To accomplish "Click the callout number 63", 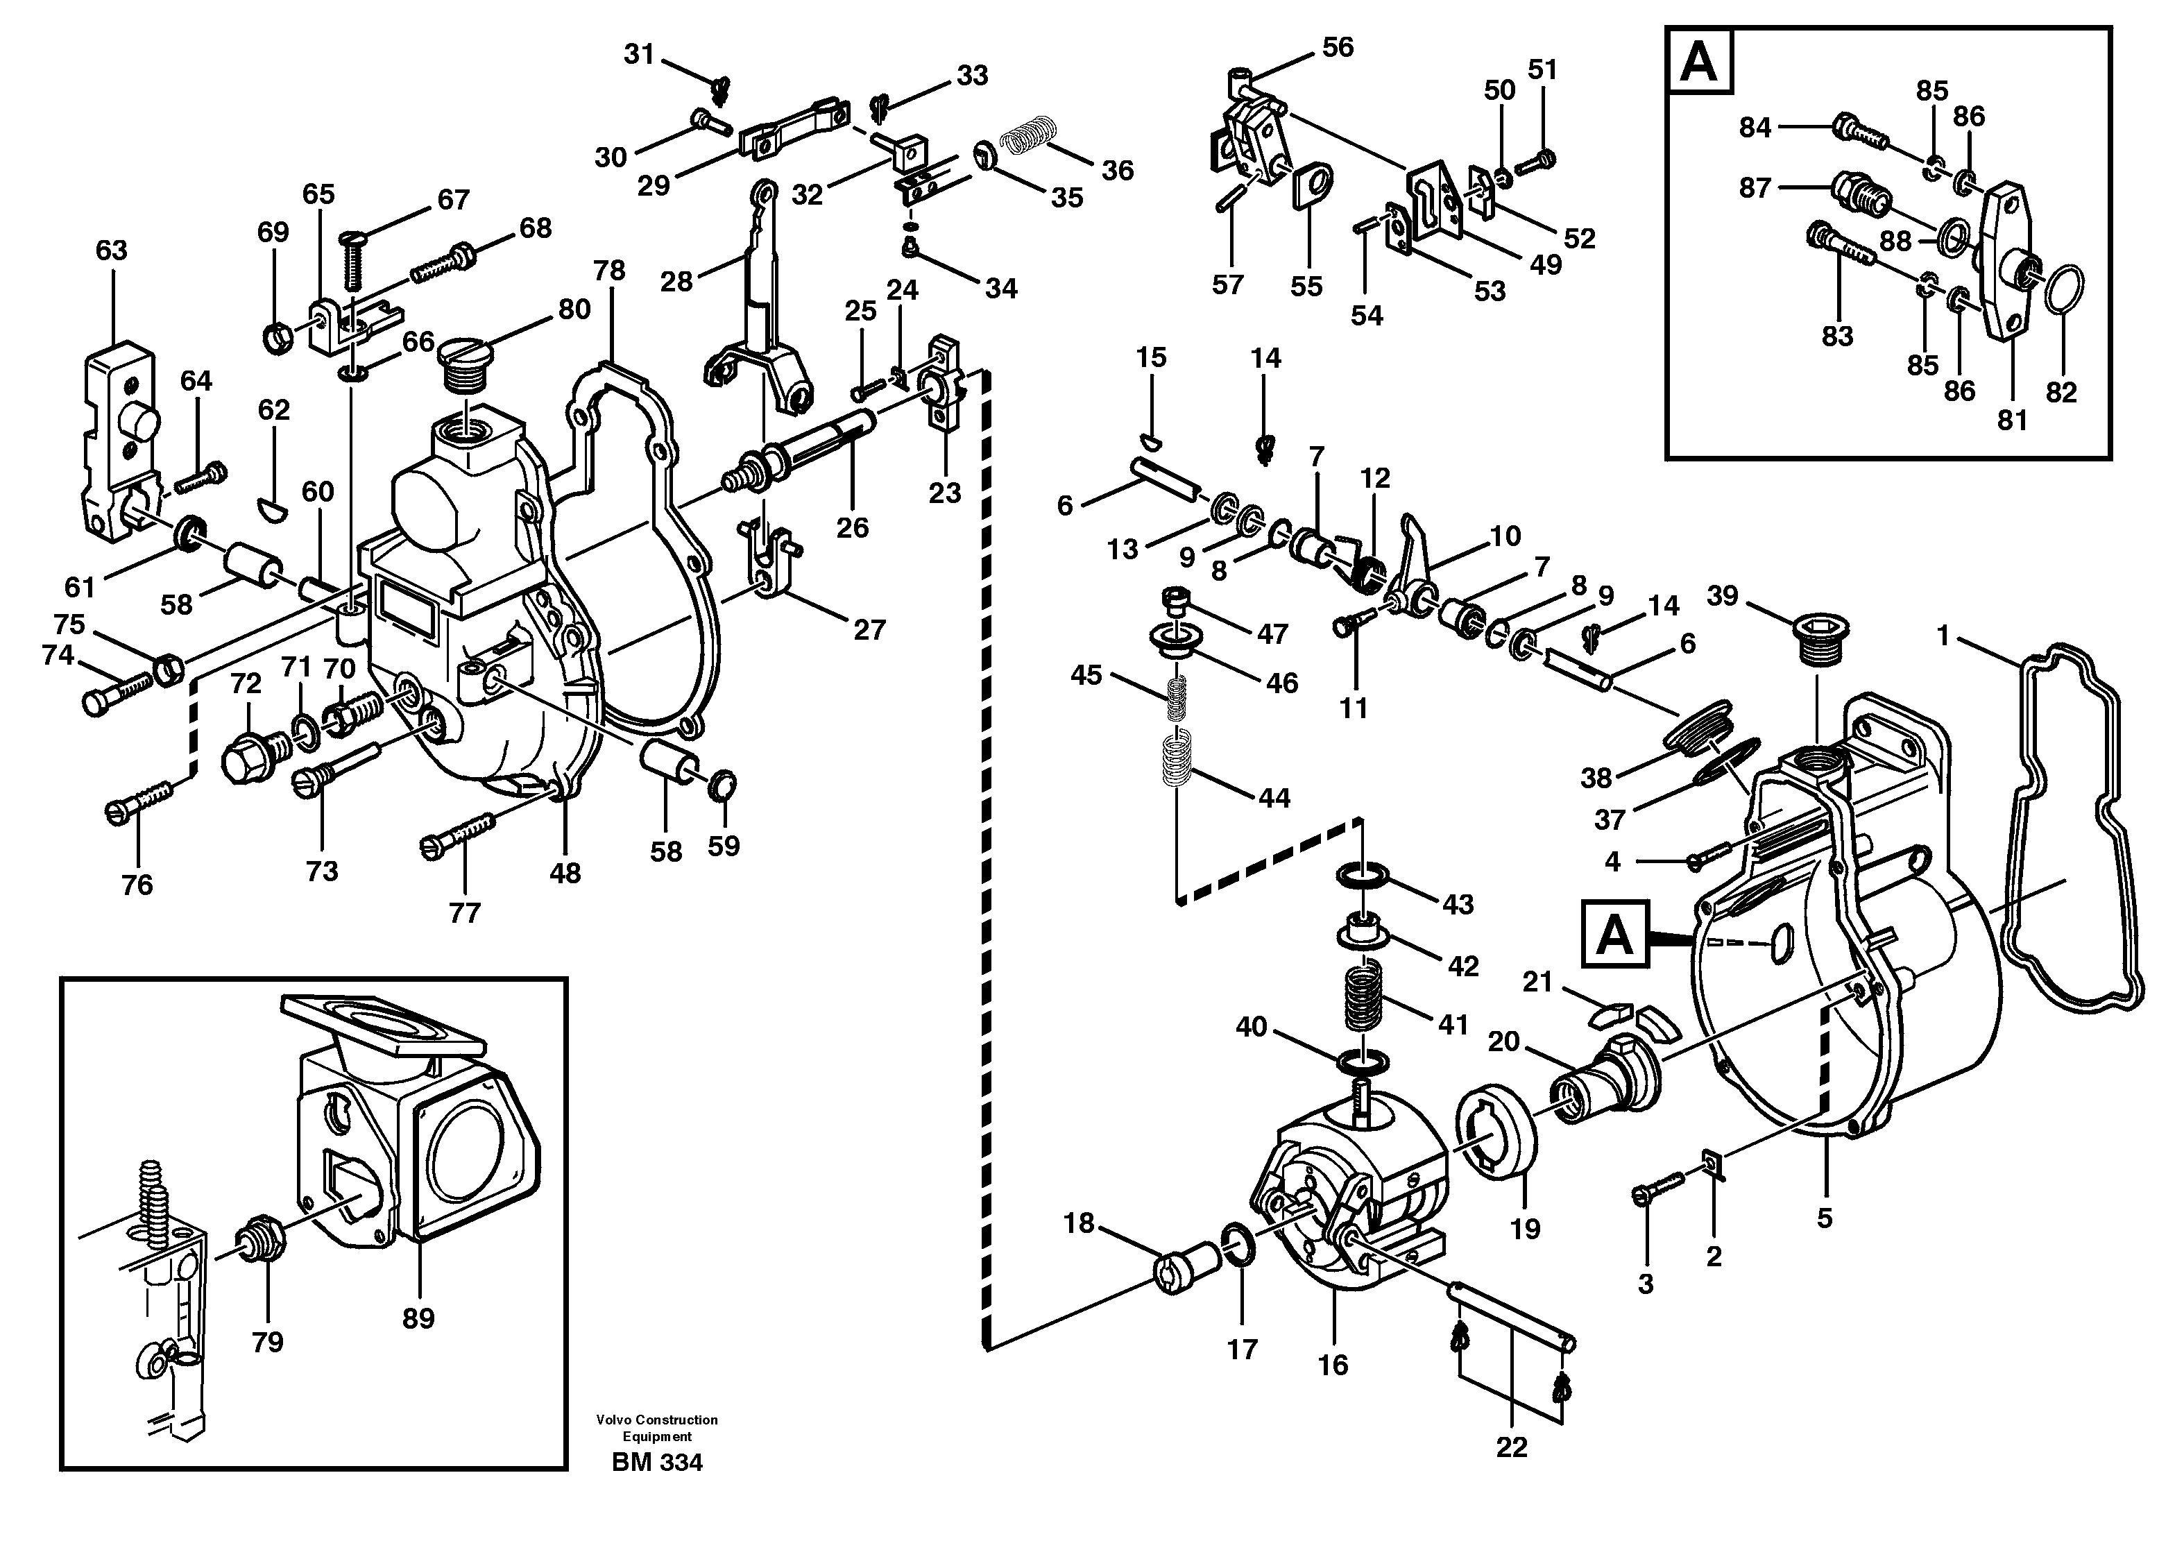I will (x=111, y=250).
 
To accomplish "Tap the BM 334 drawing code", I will (x=656, y=1462).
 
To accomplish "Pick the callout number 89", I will (x=418, y=1318).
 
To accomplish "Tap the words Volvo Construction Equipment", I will (x=656, y=1428).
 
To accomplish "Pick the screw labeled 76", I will (x=140, y=800).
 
